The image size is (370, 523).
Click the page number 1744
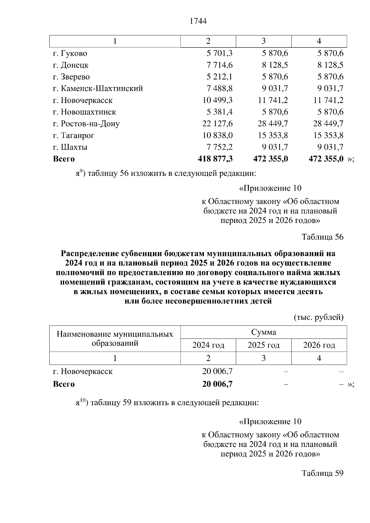[x=198, y=21]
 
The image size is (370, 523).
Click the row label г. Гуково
[x=70, y=53]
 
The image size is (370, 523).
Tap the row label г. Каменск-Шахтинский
[x=98, y=88]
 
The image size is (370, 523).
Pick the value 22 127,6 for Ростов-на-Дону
[x=217, y=124]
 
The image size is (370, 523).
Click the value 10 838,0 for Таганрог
[x=217, y=135]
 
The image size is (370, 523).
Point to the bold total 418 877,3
[x=215, y=159]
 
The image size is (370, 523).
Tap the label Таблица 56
[x=322, y=237]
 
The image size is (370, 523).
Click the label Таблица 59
[x=322, y=473]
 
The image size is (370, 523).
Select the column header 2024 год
[x=208, y=345]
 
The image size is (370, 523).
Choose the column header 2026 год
[x=319, y=345]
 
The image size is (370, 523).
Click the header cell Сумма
[x=263, y=332]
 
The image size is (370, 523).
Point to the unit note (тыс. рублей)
[x=319, y=317]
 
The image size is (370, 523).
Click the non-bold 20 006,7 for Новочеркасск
[x=217, y=371]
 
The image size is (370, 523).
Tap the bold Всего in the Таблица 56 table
[x=64, y=384]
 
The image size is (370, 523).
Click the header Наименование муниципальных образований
[x=115, y=339]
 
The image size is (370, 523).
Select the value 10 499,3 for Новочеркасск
[x=217, y=100]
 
